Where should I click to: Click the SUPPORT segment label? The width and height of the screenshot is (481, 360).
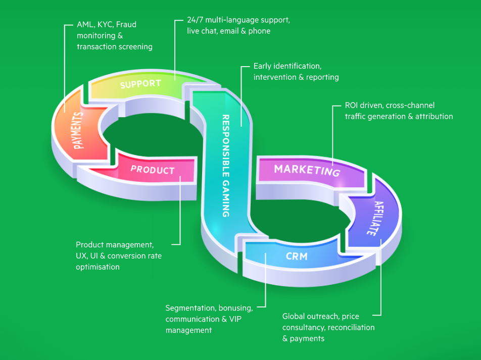coord(140,84)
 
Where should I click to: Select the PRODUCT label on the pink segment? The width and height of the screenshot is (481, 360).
coord(153,170)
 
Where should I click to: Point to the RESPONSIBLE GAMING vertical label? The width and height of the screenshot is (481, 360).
coord(226,166)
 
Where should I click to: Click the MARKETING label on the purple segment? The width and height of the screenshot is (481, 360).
coord(307,170)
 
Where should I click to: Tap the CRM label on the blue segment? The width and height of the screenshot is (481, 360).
coord(297,256)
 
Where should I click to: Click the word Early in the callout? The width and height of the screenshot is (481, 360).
coord(263,66)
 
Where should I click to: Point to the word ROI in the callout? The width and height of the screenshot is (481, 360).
coord(352,106)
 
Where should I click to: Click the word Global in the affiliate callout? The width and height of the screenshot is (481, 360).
coord(294,317)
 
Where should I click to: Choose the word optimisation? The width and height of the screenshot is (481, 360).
coord(98,267)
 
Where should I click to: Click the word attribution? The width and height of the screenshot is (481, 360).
coord(434,117)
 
